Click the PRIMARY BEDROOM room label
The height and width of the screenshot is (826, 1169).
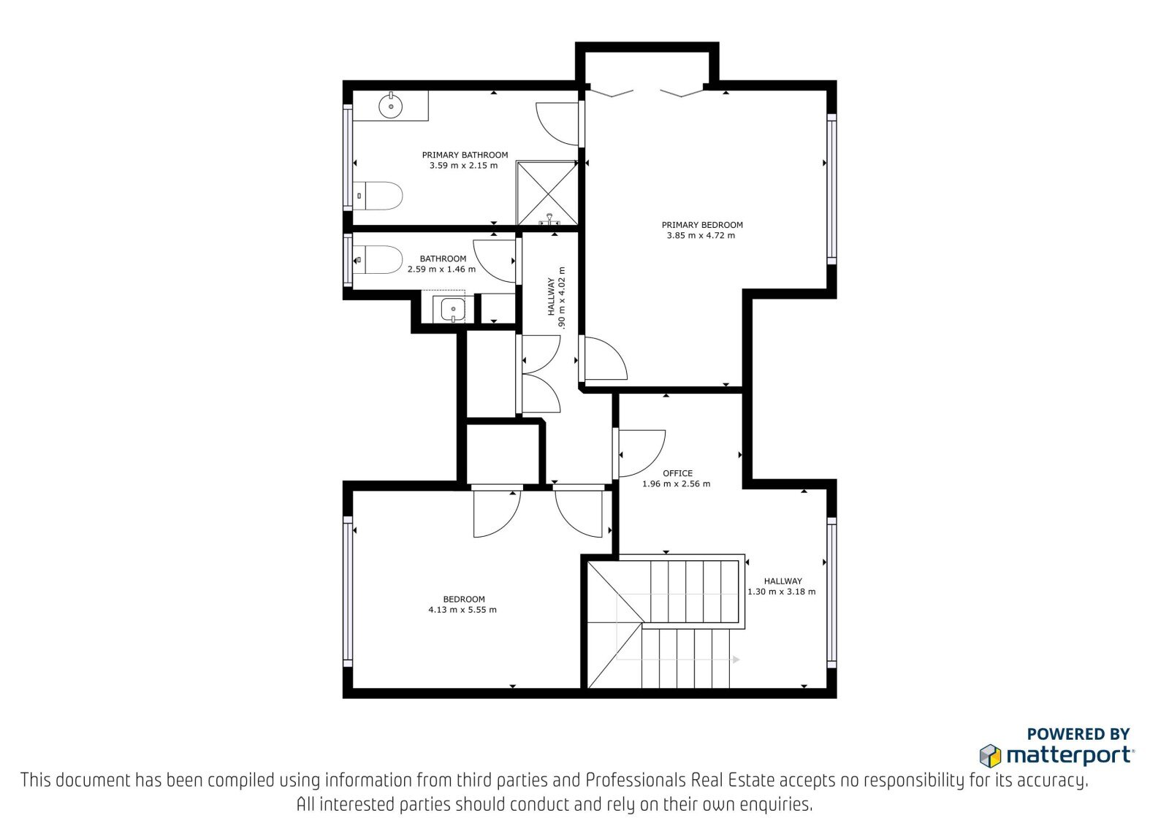pos(702,225)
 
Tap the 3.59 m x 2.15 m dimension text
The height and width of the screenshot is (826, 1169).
pos(463,165)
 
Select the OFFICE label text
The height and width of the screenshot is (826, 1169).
pos(677,473)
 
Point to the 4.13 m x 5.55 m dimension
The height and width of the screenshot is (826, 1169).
pos(462,609)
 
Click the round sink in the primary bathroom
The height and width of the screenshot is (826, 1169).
pos(391,106)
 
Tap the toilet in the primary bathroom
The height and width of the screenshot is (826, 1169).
pos(378,196)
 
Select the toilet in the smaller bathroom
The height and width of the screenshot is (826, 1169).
pos(378,260)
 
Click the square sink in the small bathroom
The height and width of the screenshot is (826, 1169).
pos(452,309)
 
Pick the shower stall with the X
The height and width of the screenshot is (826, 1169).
pos(547,193)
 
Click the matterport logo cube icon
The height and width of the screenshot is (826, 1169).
pos(990,756)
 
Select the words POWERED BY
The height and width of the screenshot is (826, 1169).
pos(1078,734)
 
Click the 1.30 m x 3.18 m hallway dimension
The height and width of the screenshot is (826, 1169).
pos(781,592)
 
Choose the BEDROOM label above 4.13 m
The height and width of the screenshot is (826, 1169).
pos(464,599)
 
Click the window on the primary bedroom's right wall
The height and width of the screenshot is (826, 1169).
pos(832,189)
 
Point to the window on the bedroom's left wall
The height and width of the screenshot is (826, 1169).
pos(348,592)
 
